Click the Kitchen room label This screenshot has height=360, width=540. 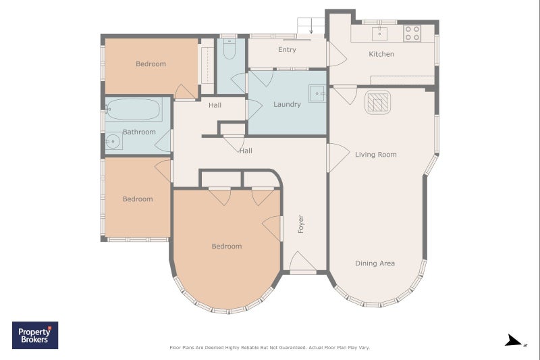pos(381,54)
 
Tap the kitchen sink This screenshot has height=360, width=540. pos(379,34)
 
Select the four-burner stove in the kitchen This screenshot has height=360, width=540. pos(412,33)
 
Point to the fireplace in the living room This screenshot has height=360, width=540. pos(377,102)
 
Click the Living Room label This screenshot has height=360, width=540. pos(376,155)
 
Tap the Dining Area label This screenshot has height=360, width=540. pos(375,263)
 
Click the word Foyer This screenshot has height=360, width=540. pos(300,224)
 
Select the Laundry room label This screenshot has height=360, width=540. pos(288,105)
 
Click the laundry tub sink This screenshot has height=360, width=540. pos(317,93)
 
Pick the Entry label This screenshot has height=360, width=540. pos(288,49)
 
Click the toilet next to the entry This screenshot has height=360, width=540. pos(230,49)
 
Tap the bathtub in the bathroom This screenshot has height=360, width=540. pos(134,109)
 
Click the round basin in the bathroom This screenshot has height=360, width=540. pos(113,141)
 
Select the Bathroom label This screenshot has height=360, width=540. pos(139,132)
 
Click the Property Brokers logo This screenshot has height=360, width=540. pos(35,335)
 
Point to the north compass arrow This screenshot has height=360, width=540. pos(514,340)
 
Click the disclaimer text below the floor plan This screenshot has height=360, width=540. pos(269,348)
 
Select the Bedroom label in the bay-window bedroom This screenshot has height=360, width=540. pos(227,247)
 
